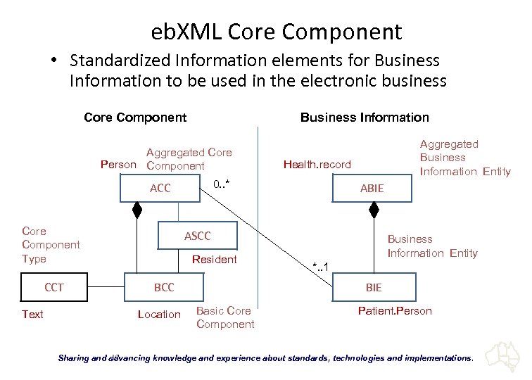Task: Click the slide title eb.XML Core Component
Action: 277,32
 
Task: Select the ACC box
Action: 160,189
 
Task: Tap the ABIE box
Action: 372,189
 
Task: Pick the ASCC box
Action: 197,236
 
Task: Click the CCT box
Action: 54,287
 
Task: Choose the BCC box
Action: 164,287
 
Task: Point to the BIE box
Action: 373,287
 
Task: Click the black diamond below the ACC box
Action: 137,210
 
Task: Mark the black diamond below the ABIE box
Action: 374,210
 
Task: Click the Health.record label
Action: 317,165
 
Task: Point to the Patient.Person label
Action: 395,310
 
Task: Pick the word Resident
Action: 214,259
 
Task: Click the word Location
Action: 159,315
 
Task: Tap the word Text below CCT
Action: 32,315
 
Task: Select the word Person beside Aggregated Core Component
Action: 118,165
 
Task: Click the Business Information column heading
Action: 365,118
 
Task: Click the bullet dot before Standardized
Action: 53,61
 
